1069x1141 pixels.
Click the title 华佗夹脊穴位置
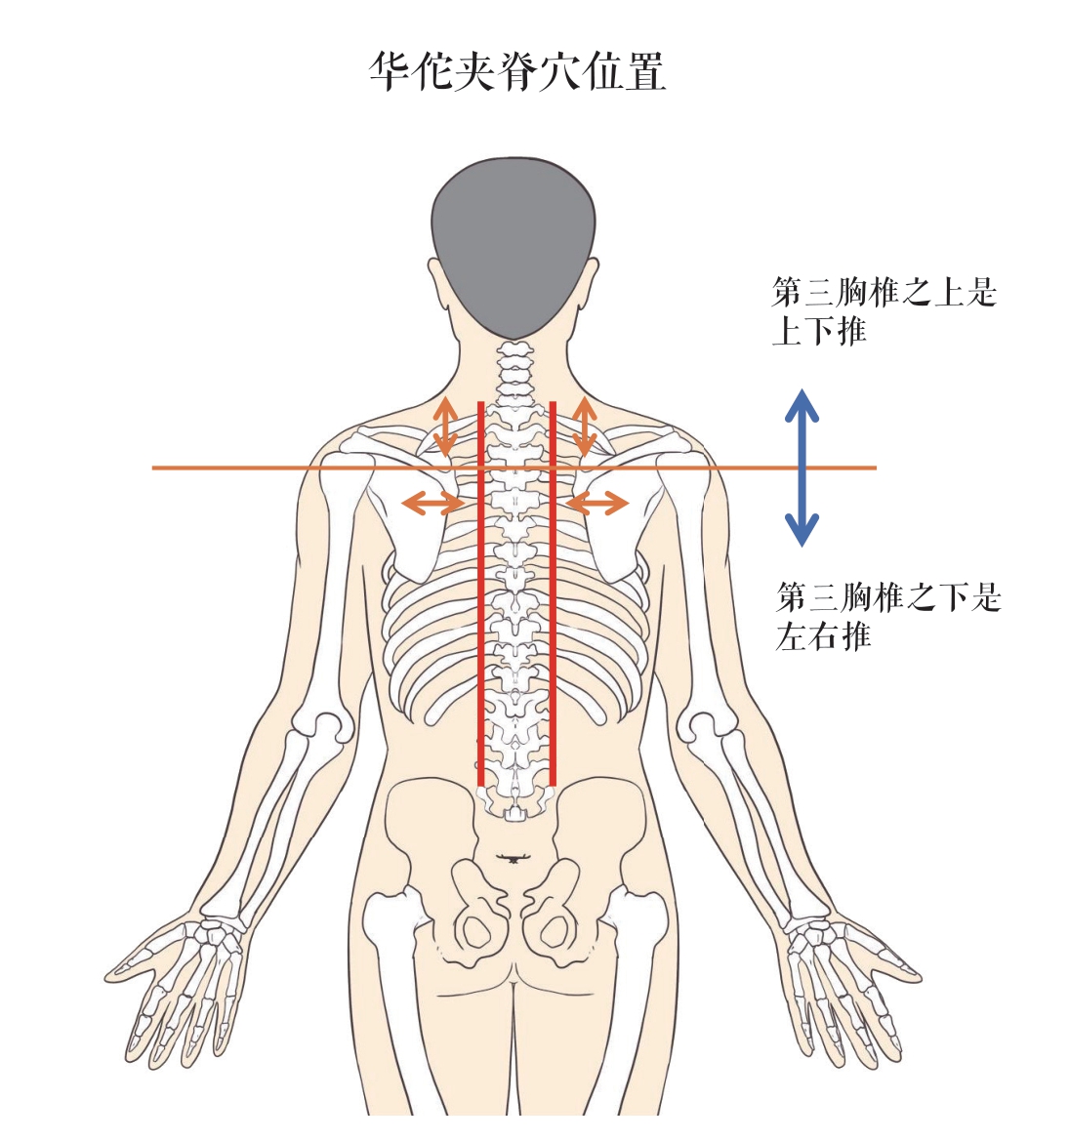click(x=517, y=72)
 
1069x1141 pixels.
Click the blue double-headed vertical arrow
click(x=802, y=467)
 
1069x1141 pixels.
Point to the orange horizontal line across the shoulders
click(x=244, y=468)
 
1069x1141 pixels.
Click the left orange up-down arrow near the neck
click(x=445, y=426)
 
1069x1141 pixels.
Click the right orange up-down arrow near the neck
click(x=585, y=426)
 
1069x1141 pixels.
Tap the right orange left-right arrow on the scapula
click(x=597, y=504)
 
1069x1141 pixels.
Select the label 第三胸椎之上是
click(x=884, y=292)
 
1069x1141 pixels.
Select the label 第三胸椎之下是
click(x=888, y=596)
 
